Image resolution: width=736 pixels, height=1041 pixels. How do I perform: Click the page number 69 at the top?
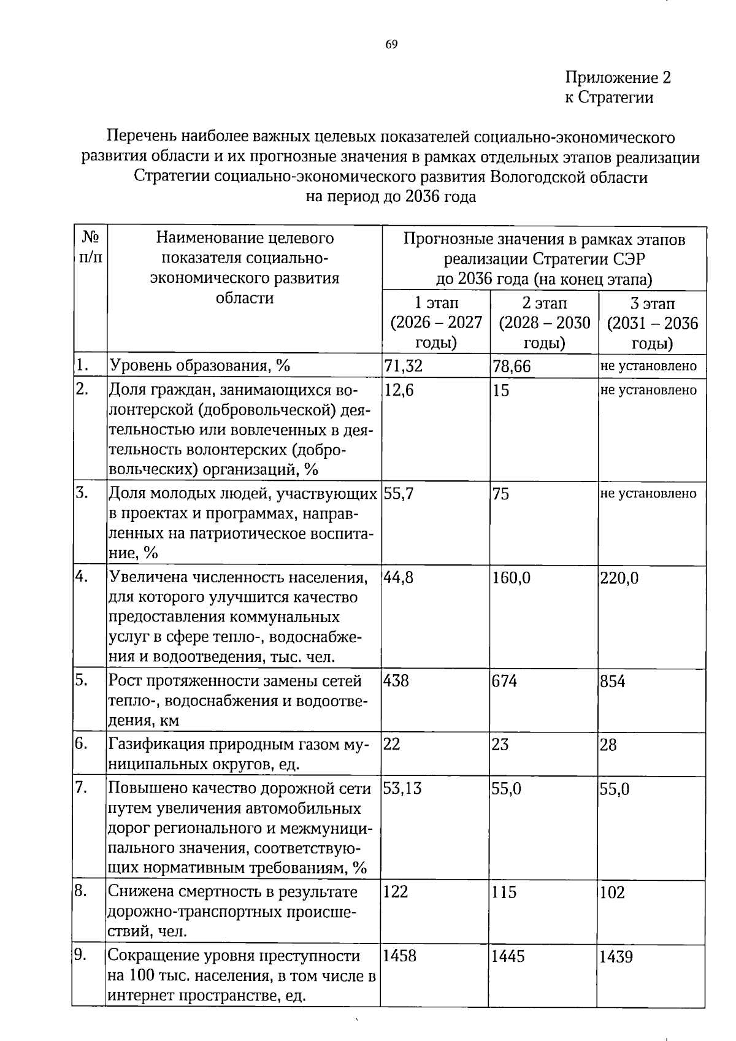(x=392, y=44)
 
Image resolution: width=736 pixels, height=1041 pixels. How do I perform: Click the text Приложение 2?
(x=618, y=78)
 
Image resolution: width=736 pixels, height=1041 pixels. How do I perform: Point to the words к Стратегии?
(x=608, y=98)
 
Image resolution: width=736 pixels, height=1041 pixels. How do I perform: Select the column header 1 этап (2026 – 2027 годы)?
(x=436, y=323)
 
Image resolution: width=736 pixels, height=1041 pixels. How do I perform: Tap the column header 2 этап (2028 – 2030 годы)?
(x=545, y=323)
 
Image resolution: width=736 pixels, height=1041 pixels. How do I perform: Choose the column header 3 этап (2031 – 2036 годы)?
(x=653, y=323)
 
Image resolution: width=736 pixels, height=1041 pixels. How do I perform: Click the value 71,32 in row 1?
(x=404, y=367)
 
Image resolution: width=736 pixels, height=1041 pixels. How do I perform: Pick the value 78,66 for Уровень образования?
(x=512, y=367)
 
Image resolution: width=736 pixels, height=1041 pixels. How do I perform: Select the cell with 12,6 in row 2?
(x=399, y=390)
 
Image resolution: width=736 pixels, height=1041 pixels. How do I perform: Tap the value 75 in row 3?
(x=500, y=494)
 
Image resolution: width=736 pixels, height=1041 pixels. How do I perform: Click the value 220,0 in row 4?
(x=619, y=578)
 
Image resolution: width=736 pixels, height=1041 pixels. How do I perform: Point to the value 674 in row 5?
(x=505, y=682)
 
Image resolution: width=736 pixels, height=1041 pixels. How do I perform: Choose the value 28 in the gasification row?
(x=608, y=745)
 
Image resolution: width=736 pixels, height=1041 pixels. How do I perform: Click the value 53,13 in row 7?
(x=402, y=789)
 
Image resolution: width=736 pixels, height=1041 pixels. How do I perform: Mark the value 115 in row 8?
(x=504, y=893)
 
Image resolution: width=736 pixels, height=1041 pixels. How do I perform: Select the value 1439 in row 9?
(x=616, y=957)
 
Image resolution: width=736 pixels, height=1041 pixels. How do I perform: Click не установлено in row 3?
(x=649, y=494)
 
